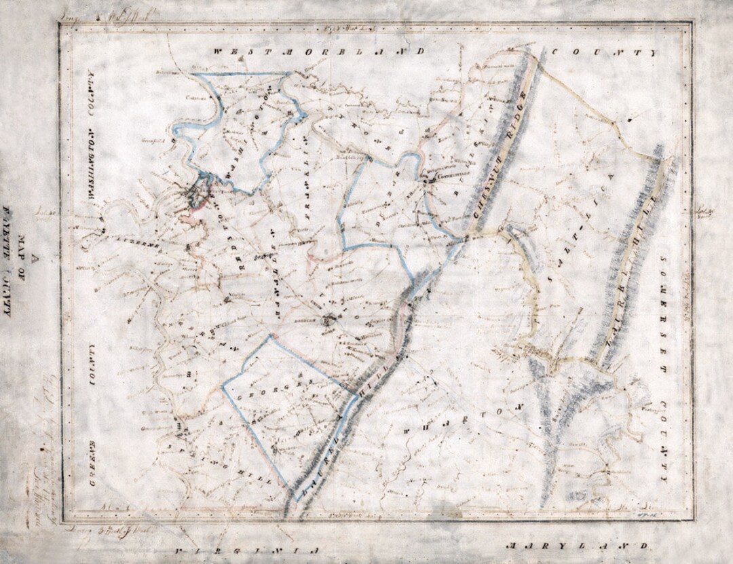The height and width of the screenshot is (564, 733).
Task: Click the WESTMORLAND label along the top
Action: (319, 52)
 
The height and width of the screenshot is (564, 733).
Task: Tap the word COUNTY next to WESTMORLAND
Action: (604, 52)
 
